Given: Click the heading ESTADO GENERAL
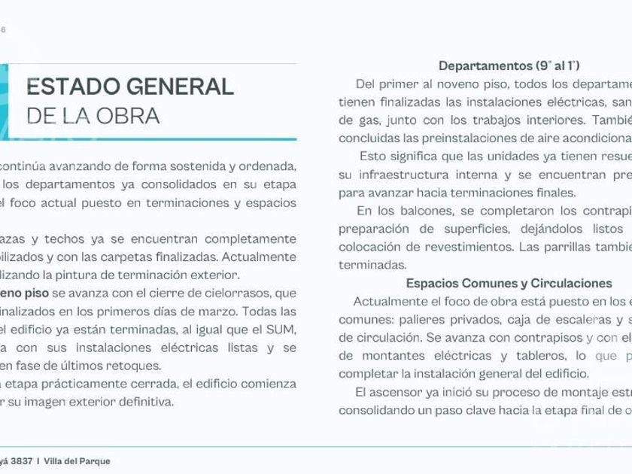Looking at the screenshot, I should pos(130,87).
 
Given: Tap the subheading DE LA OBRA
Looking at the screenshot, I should pos(93,116).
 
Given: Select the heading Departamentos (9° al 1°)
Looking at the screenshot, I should pos(509,65).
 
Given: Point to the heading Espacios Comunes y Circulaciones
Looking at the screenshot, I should pos(509,284).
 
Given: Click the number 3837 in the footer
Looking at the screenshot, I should pos(17,461).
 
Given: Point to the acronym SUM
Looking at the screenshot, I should pos(281,330).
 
